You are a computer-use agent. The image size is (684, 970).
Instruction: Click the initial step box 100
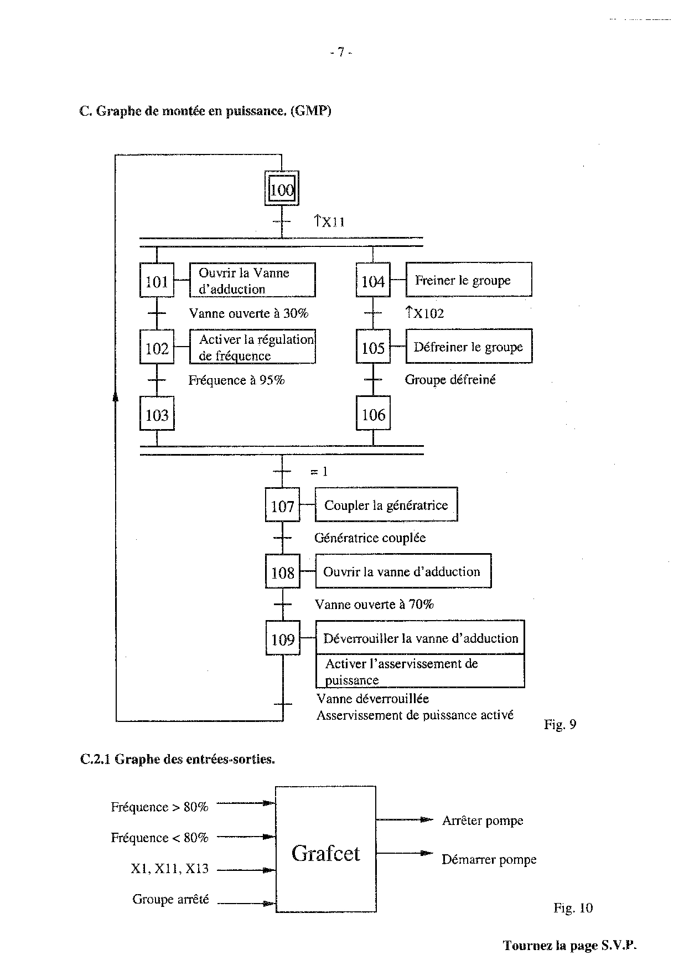point(282,190)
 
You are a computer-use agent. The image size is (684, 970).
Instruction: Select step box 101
point(157,281)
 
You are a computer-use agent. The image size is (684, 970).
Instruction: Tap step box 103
point(157,414)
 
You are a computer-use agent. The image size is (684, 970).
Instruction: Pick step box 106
point(373,414)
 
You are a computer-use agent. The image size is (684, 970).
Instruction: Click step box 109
point(282,639)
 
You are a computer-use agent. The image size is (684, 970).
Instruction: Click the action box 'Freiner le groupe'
point(468,280)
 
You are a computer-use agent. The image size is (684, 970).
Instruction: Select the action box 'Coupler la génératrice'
point(386,505)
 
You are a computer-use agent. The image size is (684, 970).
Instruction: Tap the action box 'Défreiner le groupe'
point(468,347)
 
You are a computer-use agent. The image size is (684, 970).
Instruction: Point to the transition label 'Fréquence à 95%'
point(236,380)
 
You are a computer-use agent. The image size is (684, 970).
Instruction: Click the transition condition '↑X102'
point(425,313)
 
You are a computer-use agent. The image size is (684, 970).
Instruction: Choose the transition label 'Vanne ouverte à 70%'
point(374,604)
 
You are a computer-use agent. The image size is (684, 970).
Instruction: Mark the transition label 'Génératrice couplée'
point(370,538)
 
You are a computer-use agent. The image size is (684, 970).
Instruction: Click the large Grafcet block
point(325,853)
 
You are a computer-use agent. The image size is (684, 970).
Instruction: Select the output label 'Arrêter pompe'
point(483,821)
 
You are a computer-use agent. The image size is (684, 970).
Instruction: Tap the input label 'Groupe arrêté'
point(170,899)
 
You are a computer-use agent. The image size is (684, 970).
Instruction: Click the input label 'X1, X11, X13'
point(169,869)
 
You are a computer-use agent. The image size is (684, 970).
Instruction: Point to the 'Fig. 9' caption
point(560,724)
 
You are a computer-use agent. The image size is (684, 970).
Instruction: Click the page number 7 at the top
point(341,52)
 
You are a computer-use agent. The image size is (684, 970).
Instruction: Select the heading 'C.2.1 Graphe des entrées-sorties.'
point(177,759)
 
